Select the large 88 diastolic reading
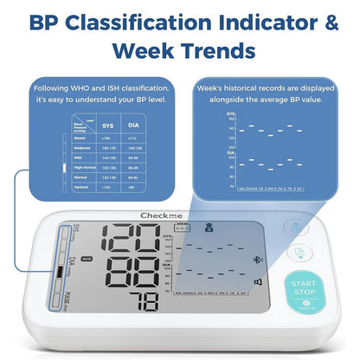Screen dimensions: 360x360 135,268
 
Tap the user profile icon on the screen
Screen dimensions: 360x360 208,228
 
